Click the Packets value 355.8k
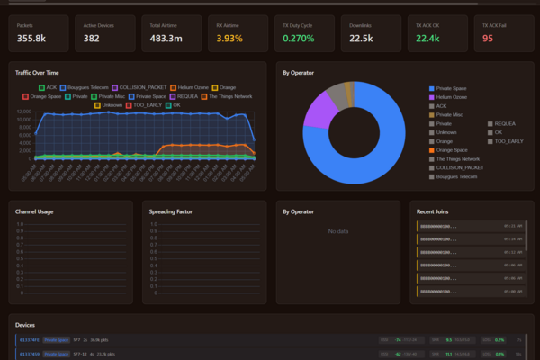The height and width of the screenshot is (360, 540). tap(33, 38)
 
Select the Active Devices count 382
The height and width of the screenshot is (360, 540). tap(92, 38)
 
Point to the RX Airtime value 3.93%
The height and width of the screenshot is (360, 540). tap(230, 38)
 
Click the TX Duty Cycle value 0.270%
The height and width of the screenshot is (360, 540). tap(298, 38)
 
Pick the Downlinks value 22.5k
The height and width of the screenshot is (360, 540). tap(362, 38)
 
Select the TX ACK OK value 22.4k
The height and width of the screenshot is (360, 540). tap(427, 38)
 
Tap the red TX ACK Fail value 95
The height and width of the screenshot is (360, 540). tap(488, 38)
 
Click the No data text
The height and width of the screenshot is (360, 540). tap(338, 231)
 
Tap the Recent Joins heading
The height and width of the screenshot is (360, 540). tap(434, 211)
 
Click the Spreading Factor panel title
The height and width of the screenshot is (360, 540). tap(170, 211)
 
